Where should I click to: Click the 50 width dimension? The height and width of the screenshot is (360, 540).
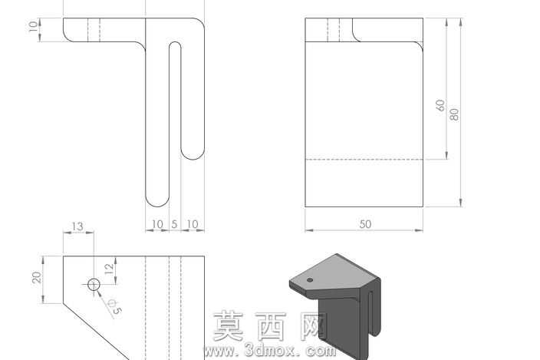coord(365,224)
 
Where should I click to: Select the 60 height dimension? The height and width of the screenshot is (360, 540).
coord(440,105)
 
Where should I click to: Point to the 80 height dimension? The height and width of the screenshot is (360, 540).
coord(455,114)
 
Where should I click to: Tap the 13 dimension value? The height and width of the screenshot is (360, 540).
coord(77,226)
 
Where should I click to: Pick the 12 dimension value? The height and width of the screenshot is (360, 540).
coord(109,269)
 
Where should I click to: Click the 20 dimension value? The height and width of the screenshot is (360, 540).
coord(37,277)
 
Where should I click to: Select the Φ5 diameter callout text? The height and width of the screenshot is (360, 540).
coord(115,306)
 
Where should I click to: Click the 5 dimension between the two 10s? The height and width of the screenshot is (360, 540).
coord(174,224)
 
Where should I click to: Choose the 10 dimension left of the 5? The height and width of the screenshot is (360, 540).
coord(157,224)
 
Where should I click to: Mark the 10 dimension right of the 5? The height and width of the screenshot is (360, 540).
coord(193,224)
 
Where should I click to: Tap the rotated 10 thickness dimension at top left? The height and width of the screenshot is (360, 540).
coord(33,27)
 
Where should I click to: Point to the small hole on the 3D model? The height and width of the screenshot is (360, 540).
coord(310,280)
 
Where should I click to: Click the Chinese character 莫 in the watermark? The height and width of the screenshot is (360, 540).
coord(229,326)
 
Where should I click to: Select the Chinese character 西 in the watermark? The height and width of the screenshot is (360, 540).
coord(272,326)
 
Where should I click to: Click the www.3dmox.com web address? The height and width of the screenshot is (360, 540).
coord(270,351)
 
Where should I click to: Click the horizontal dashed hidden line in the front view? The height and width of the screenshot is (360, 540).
coord(364,160)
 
